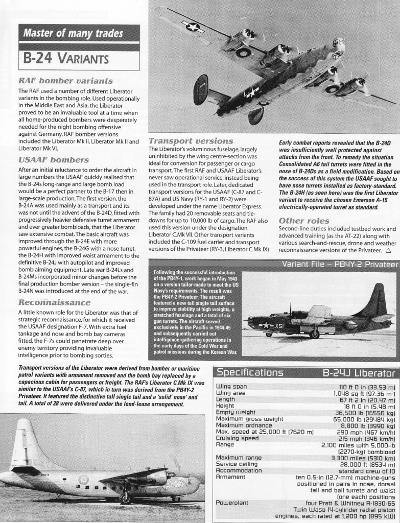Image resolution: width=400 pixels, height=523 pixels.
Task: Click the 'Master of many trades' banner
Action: click(x=72, y=35)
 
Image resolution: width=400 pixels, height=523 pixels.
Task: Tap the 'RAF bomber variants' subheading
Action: click(x=65, y=81)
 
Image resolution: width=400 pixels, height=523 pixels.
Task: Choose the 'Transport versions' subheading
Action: click(x=191, y=140)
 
